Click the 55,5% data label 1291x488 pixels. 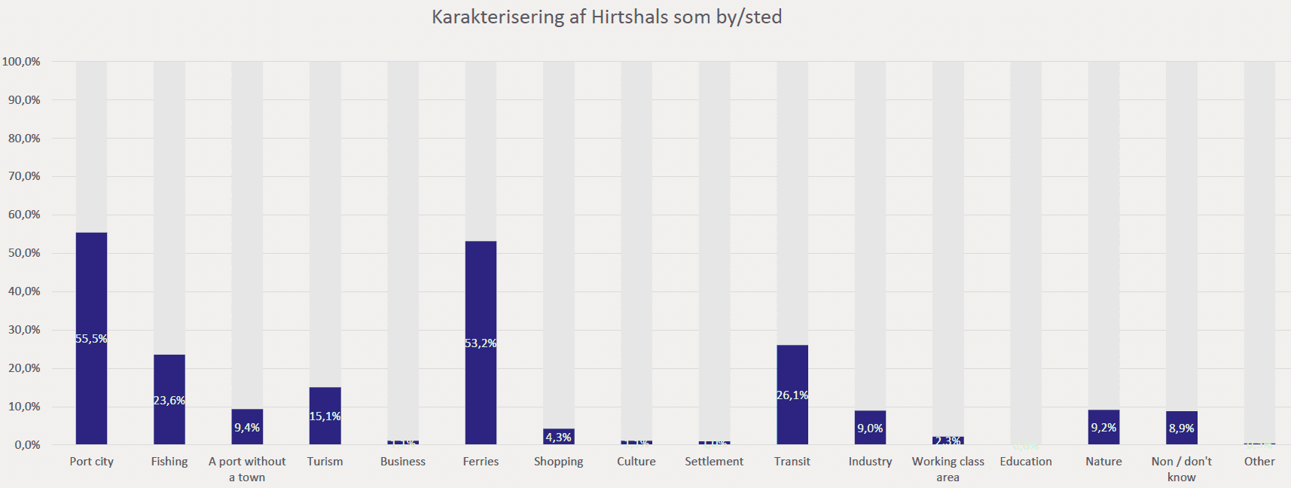[x=91, y=339]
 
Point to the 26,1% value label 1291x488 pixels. [x=792, y=395]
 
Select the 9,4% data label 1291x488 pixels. [x=247, y=428]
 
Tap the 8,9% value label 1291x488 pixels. [x=1181, y=429]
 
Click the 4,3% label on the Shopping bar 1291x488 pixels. [x=559, y=438]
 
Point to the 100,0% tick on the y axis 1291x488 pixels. [x=22, y=62]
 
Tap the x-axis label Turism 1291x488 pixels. [x=325, y=462]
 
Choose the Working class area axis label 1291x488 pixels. [x=948, y=469]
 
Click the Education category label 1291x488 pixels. [x=1026, y=462]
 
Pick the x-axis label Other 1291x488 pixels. [x=1259, y=462]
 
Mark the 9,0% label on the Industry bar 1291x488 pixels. [x=870, y=429]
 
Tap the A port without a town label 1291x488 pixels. [x=247, y=469]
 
